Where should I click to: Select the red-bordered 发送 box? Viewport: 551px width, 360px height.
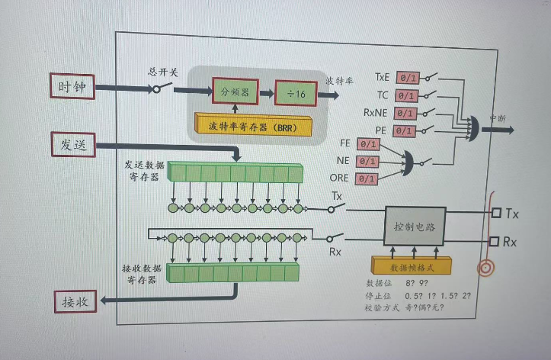(73, 144)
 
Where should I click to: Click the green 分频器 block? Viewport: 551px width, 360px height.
(235, 93)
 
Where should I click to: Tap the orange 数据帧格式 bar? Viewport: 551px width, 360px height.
(412, 266)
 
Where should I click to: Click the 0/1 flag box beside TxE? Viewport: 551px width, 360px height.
(407, 78)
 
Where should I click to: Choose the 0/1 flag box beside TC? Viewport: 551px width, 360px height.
(407, 96)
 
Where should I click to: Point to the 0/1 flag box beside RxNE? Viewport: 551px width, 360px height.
(407, 114)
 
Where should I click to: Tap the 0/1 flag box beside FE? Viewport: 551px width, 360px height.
(367, 143)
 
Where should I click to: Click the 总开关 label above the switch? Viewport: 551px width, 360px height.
(162, 72)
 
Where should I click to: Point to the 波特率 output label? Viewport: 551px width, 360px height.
(339, 80)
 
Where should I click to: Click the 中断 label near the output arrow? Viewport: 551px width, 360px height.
(497, 117)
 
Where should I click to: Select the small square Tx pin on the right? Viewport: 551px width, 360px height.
(497, 214)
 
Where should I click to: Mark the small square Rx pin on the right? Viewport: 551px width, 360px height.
(497, 242)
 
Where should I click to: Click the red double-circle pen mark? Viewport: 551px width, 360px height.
(485, 268)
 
